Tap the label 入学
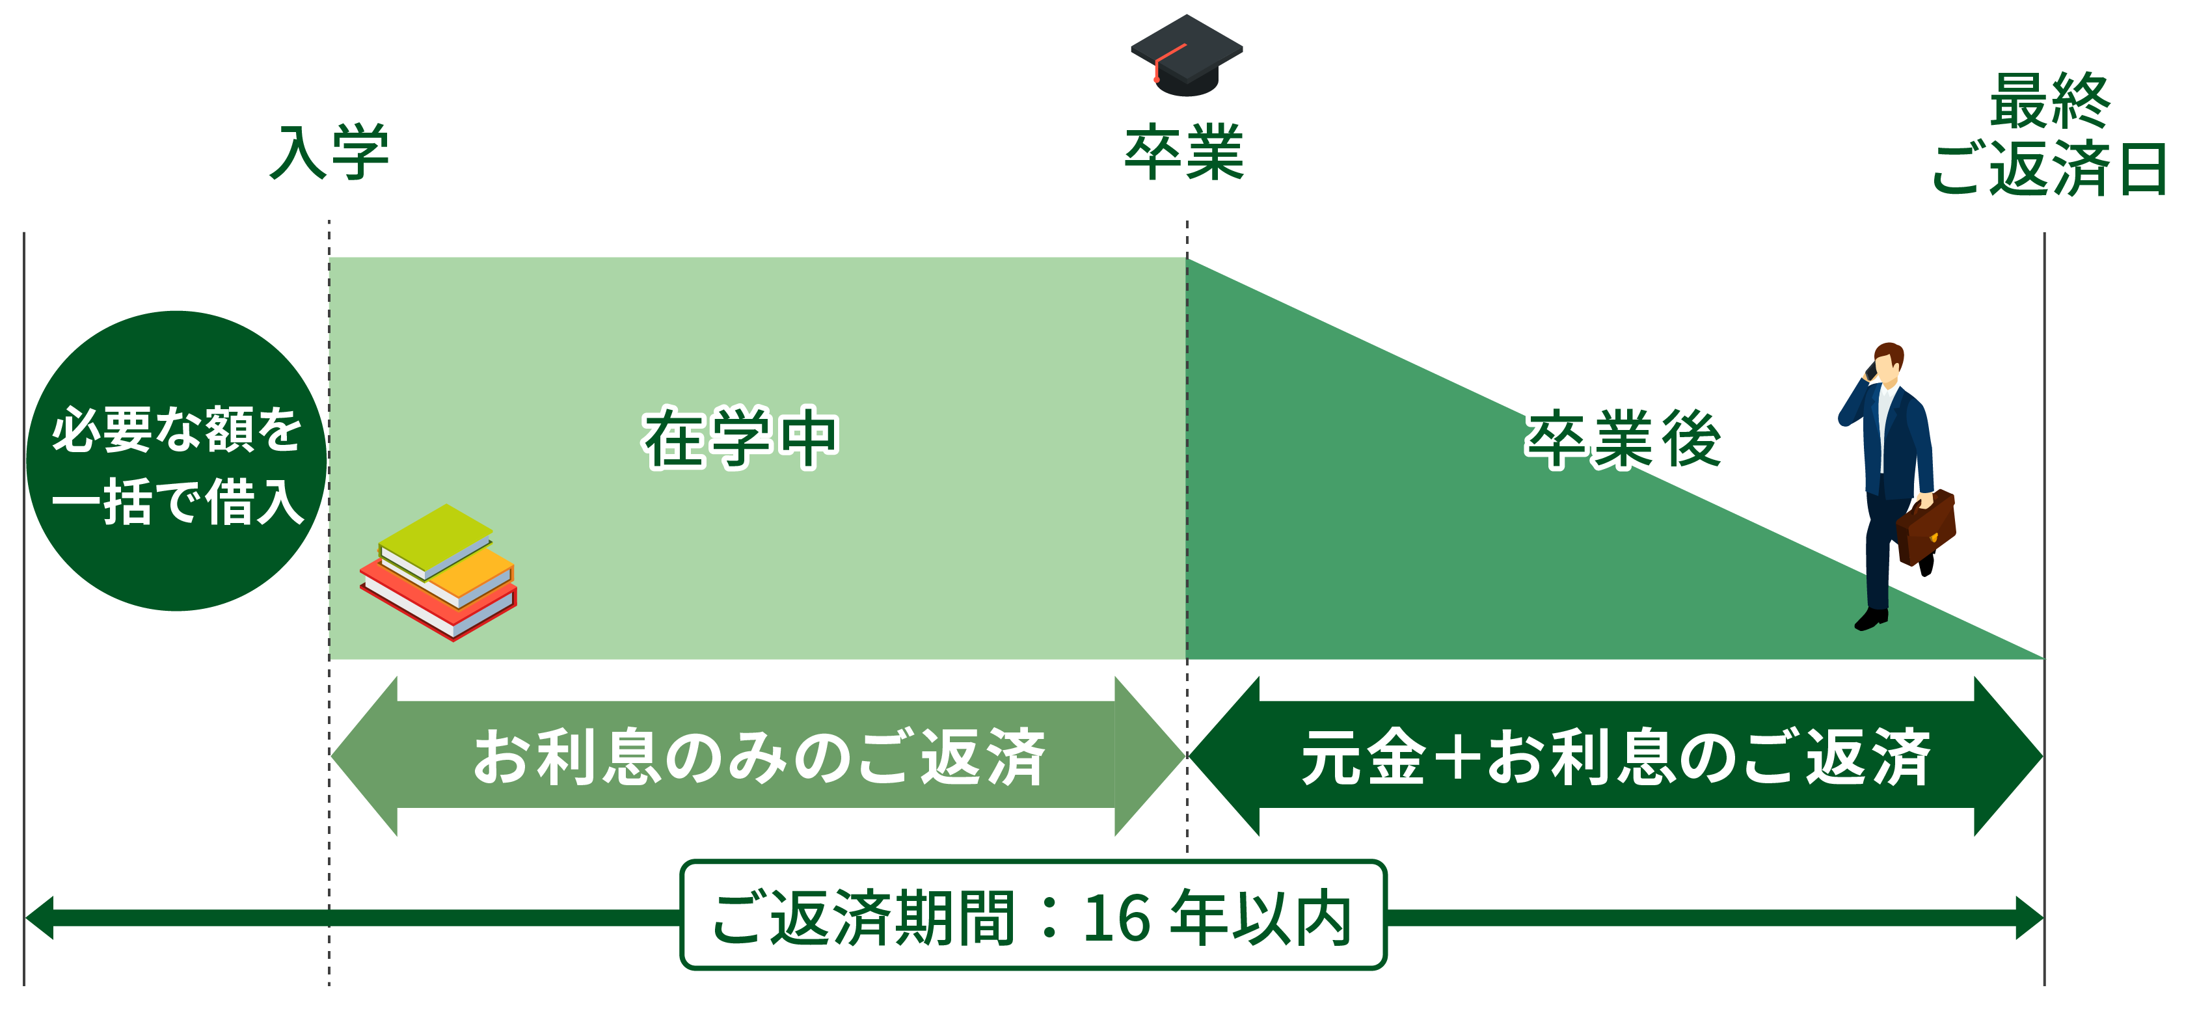(330, 153)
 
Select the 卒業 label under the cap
(1185, 153)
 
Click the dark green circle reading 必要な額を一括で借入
(176, 461)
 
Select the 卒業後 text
(1624, 438)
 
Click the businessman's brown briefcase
(1926, 527)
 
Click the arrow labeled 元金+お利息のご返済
(1615, 757)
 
